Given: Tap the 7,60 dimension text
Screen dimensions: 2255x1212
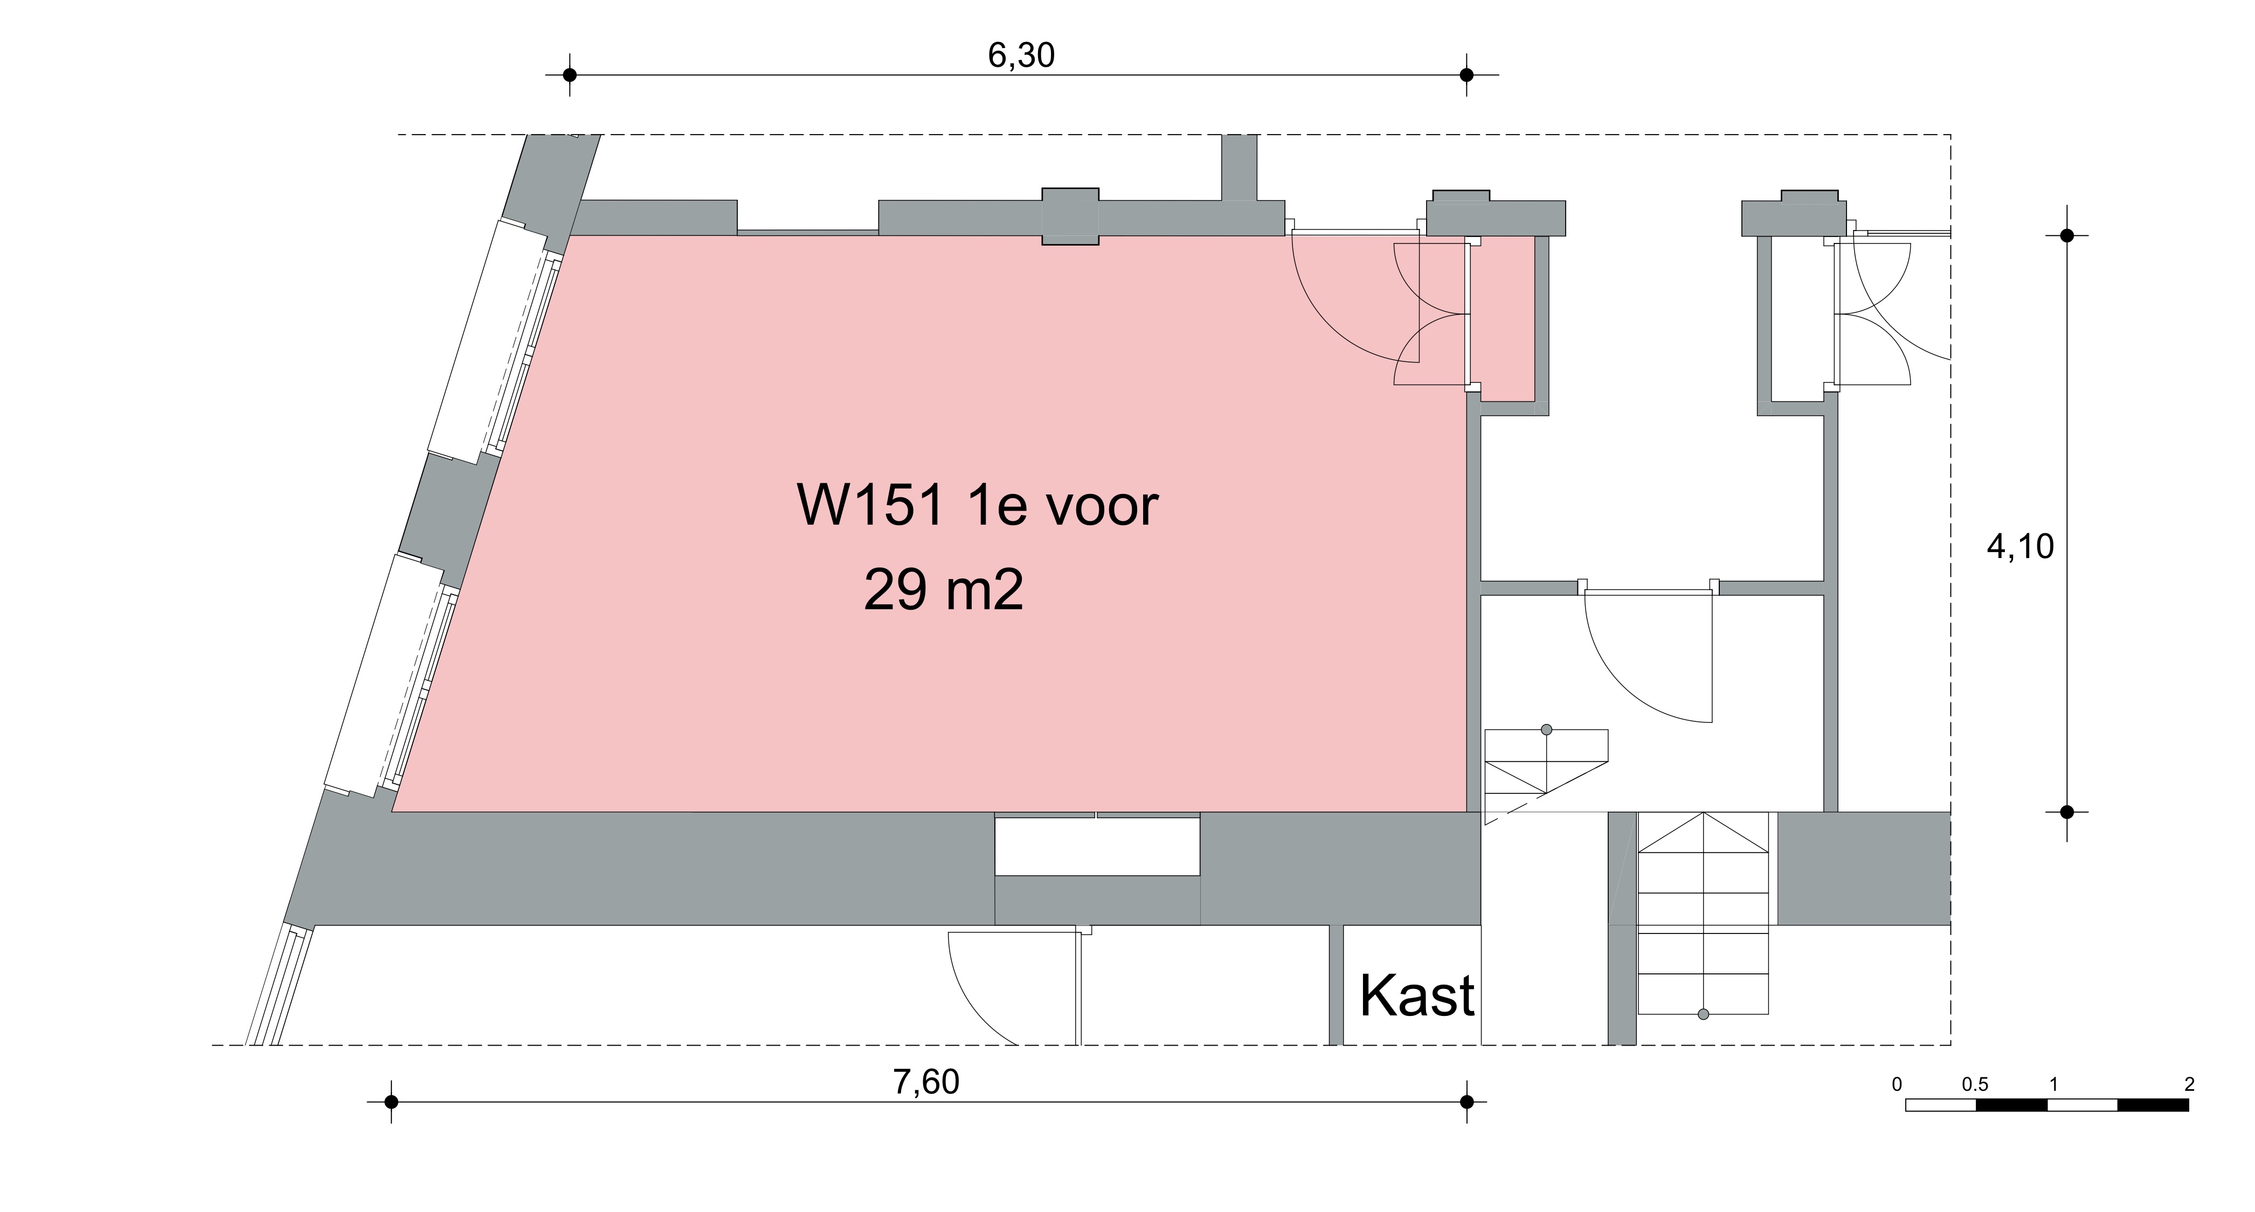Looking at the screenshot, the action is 926,1083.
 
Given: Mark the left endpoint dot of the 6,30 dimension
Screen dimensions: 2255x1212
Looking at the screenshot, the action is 570,75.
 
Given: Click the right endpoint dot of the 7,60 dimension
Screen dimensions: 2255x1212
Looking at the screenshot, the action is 1467,1102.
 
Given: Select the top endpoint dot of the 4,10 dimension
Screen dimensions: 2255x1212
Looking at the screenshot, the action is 2067,235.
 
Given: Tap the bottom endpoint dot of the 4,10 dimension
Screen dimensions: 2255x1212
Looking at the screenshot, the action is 2067,812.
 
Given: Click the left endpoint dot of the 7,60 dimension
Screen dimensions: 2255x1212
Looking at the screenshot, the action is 391,1102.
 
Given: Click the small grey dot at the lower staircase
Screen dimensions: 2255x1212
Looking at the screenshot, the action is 1703,1014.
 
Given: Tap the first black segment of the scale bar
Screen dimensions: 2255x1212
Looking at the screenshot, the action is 2011,1105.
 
